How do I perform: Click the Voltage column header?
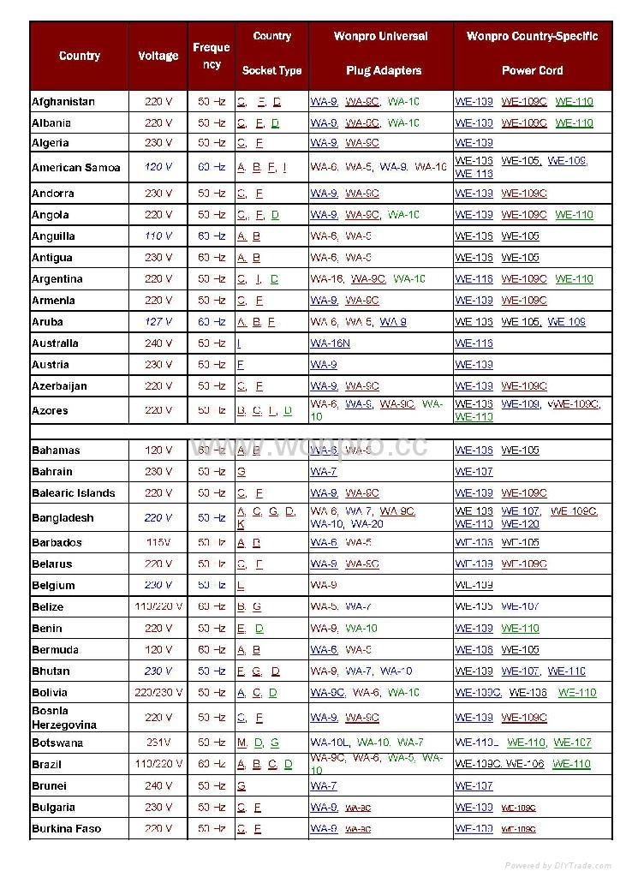[x=158, y=56]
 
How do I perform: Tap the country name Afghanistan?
[x=63, y=102]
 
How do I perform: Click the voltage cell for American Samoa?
[x=158, y=167]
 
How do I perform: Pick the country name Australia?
[x=55, y=343]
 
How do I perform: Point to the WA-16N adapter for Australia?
[x=330, y=343]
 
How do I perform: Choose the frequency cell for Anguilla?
[x=212, y=236]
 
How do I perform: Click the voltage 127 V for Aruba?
[x=158, y=322]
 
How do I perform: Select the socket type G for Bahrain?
[x=241, y=472]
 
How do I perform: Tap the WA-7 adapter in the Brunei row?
[x=323, y=786]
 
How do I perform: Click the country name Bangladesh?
[x=63, y=518]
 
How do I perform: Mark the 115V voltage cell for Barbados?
[x=158, y=543]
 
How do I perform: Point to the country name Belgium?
[x=53, y=586]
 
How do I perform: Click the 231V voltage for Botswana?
[x=158, y=743]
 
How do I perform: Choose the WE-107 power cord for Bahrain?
[x=474, y=472]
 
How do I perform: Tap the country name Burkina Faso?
[x=66, y=829]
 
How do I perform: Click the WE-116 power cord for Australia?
[x=474, y=343]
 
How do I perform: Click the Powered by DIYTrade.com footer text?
[x=557, y=866]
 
